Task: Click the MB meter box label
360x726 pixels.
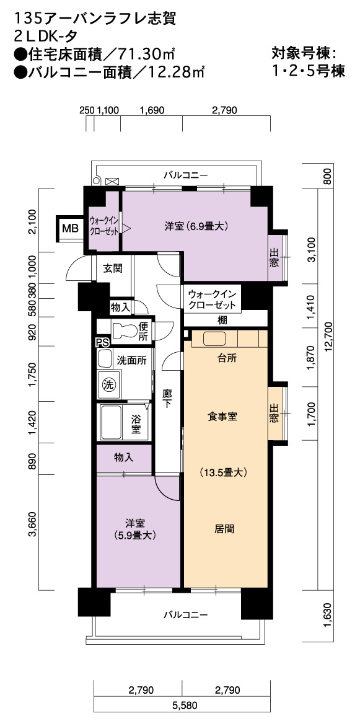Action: pyautogui.click(x=71, y=228)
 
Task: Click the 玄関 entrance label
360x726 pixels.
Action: pyautogui.click(x=112, y=268)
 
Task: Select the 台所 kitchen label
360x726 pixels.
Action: pyautogui.click(x=226, y=358)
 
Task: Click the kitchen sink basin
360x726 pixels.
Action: pyautogui.click(x=213, y=339)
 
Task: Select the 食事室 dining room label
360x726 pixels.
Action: pyautogui.click(x=222, y=416)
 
